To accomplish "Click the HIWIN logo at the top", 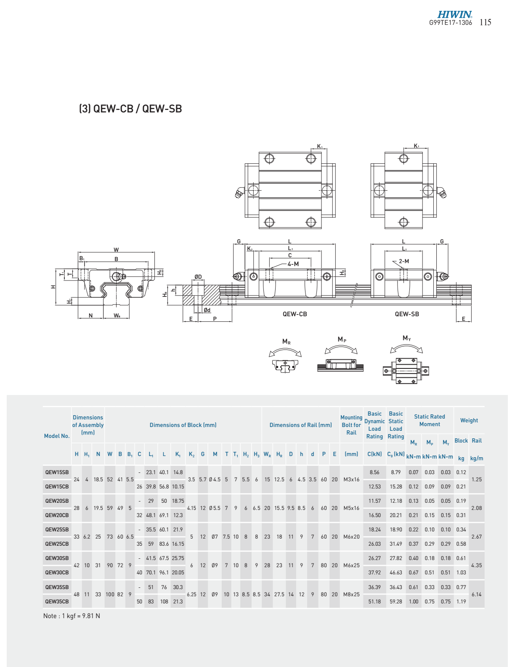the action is (454, 15).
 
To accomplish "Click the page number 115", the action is (485, 22).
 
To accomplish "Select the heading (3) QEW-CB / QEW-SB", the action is (130, 109).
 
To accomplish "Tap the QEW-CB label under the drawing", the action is (295, 314).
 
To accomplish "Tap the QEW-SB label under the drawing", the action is (407, 314).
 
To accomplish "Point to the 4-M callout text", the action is (293, 264).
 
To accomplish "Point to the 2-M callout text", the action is (404, 261).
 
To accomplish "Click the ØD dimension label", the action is (198, 277).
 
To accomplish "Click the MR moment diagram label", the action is (287, 342).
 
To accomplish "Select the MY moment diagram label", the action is (407, 338).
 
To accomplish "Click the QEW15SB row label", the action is (57, 472).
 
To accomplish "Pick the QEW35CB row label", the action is (57, 602).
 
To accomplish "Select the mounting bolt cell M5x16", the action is (351, 508).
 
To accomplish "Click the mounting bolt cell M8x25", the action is (351, 595).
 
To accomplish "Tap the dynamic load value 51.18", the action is (374, 602).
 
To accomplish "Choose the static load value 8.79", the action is (396, 472).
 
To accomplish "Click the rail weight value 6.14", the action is (477, 595).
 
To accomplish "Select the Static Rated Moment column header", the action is (430, 421).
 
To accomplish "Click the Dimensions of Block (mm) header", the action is (183, 425).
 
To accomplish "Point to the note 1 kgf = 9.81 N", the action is (72, 616).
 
